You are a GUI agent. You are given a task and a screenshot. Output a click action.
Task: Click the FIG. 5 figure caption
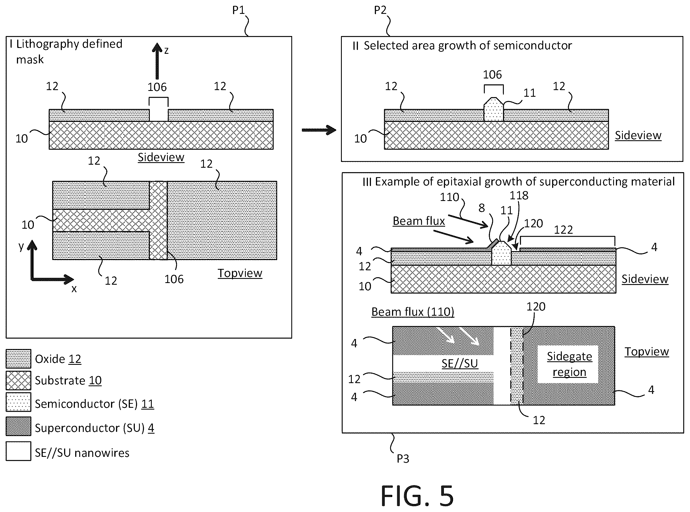point(417,496)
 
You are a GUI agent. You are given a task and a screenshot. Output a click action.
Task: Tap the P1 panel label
point(239,10)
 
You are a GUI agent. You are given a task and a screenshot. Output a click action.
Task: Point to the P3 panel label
point(403,458)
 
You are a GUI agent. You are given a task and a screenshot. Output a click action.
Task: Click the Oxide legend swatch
point(18,359)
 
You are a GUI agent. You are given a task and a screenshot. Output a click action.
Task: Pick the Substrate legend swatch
point(18,380)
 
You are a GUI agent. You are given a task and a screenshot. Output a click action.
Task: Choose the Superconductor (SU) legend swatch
point(18,426)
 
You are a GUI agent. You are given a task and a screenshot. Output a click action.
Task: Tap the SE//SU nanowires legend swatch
point(18,451)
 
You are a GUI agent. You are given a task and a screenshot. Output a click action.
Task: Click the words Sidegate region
point(569,364)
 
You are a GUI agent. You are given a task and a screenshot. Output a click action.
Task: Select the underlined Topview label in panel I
point(240,273)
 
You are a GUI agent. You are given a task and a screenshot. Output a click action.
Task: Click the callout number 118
point(519,195)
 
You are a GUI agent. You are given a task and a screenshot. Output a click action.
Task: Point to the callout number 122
point(563,230)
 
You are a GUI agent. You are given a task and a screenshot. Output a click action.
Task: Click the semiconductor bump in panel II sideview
point(494,109)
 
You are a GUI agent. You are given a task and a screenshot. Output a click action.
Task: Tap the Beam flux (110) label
point(413,312)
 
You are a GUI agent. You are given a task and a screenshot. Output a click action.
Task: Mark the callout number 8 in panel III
point(482,208)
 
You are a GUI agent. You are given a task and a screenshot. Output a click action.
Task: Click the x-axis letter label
point(74,289)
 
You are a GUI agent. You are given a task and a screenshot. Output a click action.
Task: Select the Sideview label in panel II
point(638,136)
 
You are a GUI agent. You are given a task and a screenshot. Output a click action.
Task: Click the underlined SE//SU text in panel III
point(460,363)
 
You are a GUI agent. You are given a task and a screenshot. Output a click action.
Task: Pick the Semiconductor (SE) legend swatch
point(18,402)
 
